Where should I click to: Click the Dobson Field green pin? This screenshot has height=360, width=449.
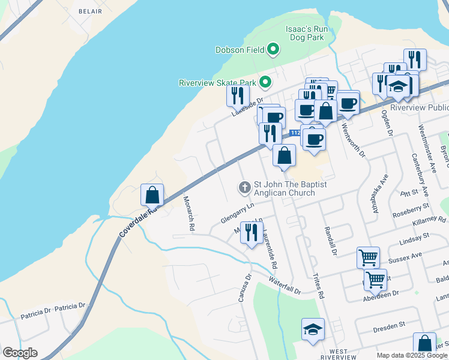pos(274,50)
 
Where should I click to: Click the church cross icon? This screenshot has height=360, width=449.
pos(244,188)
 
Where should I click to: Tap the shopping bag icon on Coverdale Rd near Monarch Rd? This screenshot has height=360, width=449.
pos(152,194)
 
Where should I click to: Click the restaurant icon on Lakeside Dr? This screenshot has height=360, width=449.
pos(238,95)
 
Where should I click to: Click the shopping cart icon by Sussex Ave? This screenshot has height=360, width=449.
pos(368,257)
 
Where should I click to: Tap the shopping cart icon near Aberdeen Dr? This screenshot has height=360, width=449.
pos(375,278)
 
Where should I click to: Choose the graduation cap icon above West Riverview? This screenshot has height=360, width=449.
pos(313,329)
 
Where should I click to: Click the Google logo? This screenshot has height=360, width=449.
pos(20,353)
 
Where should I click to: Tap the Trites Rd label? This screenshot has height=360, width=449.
pos(318,286)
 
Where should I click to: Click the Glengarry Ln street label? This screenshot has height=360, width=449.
pos(238,213)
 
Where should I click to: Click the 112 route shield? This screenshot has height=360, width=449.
pos(294,133)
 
